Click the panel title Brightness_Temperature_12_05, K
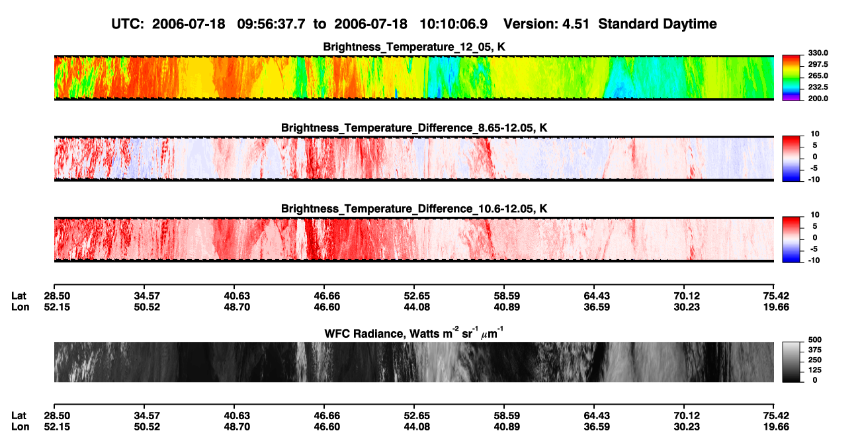click(414, 47)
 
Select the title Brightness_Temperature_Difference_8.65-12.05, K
click(414, 128)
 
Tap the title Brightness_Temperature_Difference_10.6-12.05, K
click(414, 209)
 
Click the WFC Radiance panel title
click(414, 333)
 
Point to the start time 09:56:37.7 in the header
click(271, 24)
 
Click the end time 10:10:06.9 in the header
click(453, 24)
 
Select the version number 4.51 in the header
click(576, 24)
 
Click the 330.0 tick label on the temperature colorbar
click(818, 53)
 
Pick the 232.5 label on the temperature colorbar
click(818, 87)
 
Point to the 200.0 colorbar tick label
click(818, 99)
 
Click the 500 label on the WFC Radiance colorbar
click(815, 340)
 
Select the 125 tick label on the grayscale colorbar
click(815, 370)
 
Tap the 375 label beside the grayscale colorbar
click(815, 350)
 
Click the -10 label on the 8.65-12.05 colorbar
click(814, 180)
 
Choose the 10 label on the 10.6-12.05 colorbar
click(815, 215)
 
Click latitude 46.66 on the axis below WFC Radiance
click(327, 416)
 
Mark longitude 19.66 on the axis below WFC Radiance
click(776, 427)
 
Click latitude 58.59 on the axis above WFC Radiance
click(507, 296)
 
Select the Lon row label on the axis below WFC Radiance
click(20, 427)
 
